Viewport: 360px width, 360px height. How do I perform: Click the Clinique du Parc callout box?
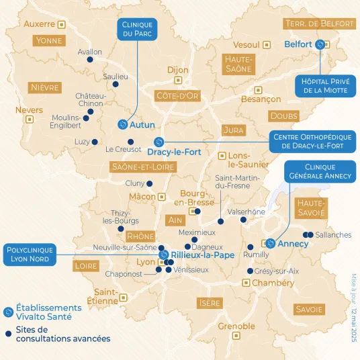[137, 30]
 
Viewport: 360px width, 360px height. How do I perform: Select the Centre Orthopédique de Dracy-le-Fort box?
[312, 141]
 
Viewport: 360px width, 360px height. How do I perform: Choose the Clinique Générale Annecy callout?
[320, 171]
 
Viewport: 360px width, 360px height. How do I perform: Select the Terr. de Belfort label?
[320, 24]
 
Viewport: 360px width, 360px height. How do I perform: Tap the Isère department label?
[210, 303]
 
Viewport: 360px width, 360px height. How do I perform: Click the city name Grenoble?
[236, 326]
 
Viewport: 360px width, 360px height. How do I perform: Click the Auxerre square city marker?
[62, 24]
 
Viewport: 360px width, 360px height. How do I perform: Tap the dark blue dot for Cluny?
[149, 183]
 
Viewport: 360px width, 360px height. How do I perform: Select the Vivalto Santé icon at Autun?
[122, 124]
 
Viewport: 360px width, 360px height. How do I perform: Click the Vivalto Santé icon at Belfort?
[320, 44]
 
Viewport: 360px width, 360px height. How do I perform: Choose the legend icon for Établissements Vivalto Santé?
[8, 312]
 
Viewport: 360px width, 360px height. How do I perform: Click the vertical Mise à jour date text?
[353, 307]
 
